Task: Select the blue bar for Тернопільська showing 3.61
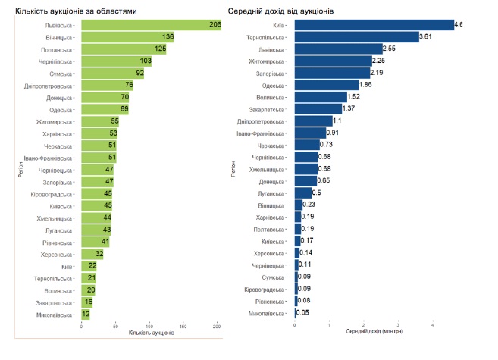click(356, 36)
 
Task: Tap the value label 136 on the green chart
click(168, 36)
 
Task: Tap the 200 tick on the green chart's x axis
click(217, 325)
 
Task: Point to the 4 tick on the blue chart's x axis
click(433, 325)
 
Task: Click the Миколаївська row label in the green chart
click(55, 314)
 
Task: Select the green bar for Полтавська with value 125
click(124, 49)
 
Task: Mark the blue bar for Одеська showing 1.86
click(327, 85)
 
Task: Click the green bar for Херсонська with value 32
click(92, 254)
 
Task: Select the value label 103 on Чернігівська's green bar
click(146, 61)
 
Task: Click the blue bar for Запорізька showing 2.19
click(332, 73)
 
